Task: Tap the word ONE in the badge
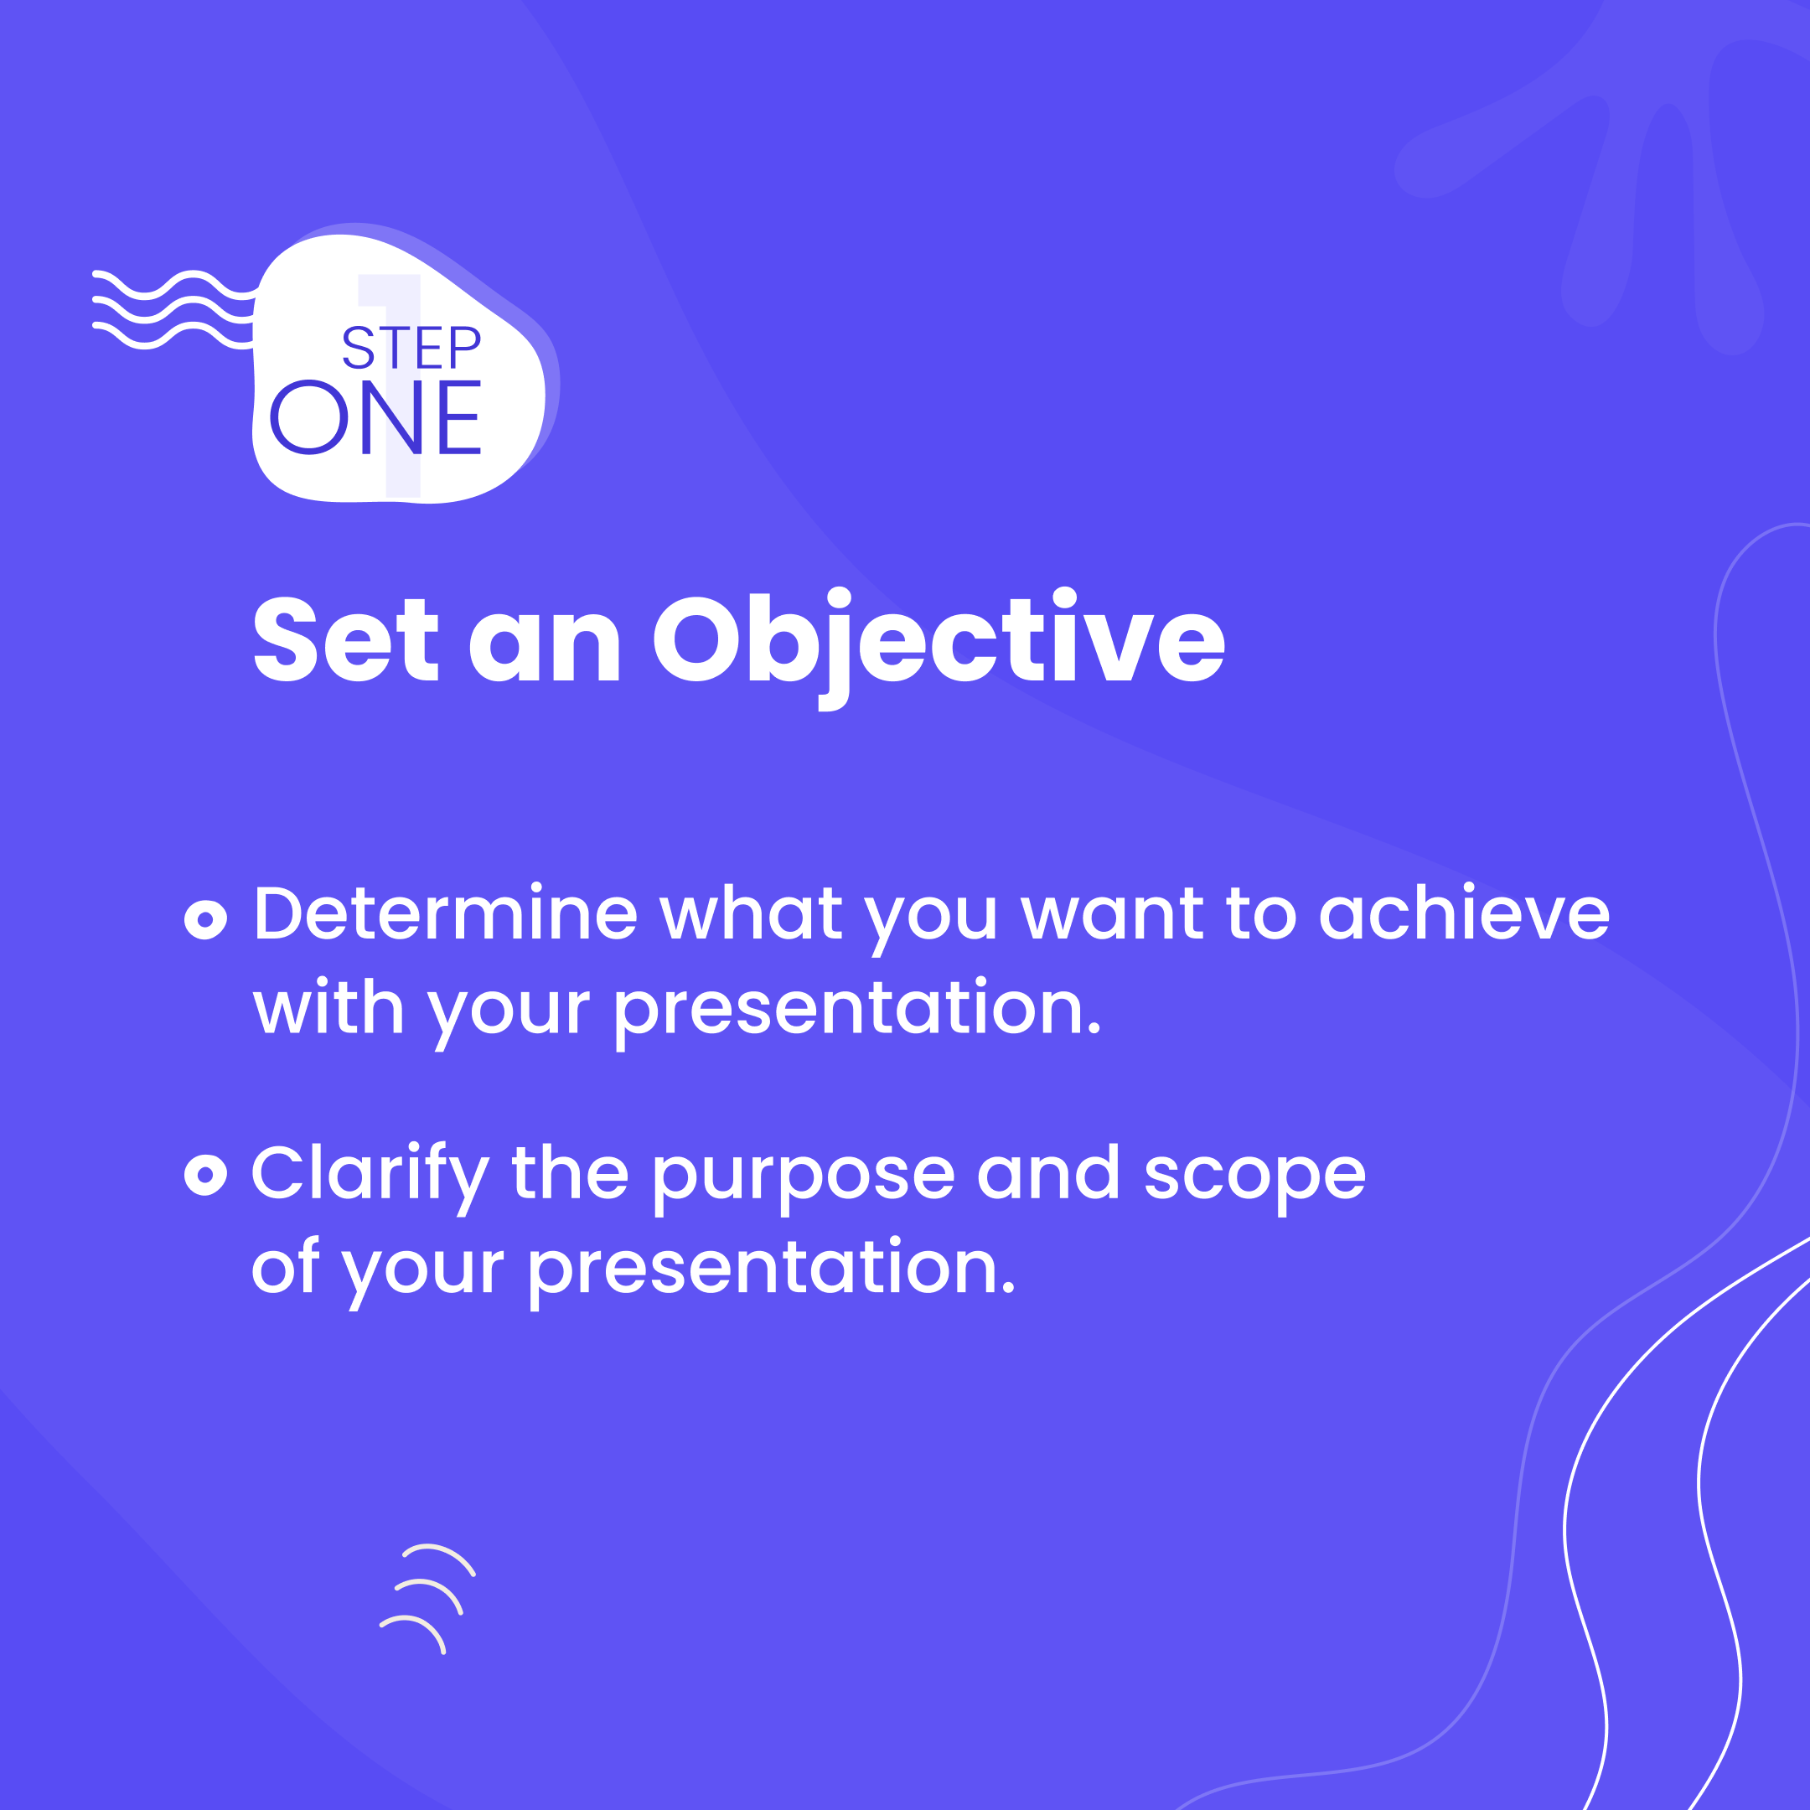pyautogui.click(x=375, y=418)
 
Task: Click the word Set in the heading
pyautogui.click(x=344, y=641)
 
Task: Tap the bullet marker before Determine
pyautogui.click(x=205, y=918)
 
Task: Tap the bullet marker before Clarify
pyautogui.click(x=205, y=1175)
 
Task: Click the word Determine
pyautogui.click(x=445, y=913)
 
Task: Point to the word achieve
pyautogui.click(x=1463, y=913)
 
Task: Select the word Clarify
pyautogui.click(x=369, y=1175)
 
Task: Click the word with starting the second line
pyautogui.click(x=328, y=1008)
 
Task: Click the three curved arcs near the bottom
pyautogui.click(x=427, y=1597)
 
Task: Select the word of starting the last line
pyautogui.click(x=285, y=1267)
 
